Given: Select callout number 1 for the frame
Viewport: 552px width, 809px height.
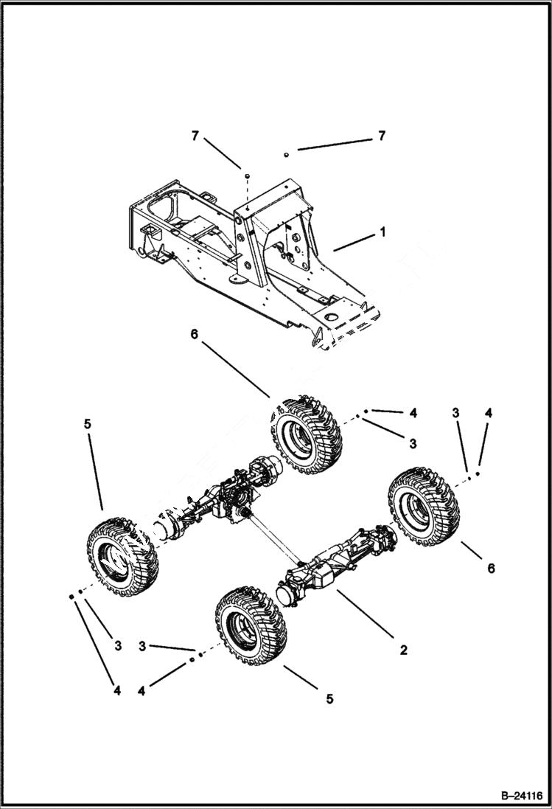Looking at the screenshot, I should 382,232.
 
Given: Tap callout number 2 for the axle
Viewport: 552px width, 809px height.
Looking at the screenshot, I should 403,650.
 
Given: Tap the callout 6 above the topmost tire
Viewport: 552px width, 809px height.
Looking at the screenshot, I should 193,333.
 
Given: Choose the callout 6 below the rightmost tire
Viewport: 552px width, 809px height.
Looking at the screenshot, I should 491,568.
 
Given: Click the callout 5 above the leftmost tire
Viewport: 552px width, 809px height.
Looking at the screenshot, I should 87,425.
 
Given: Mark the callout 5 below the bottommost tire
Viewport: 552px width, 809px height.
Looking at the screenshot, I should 329,698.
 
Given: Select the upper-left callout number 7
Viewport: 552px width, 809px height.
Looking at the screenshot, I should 195,136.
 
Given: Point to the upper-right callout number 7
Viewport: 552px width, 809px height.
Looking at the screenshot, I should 381,136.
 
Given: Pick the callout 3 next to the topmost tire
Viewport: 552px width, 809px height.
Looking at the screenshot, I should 413,443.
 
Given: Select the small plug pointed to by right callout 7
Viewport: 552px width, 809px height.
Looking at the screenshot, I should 286,154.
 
